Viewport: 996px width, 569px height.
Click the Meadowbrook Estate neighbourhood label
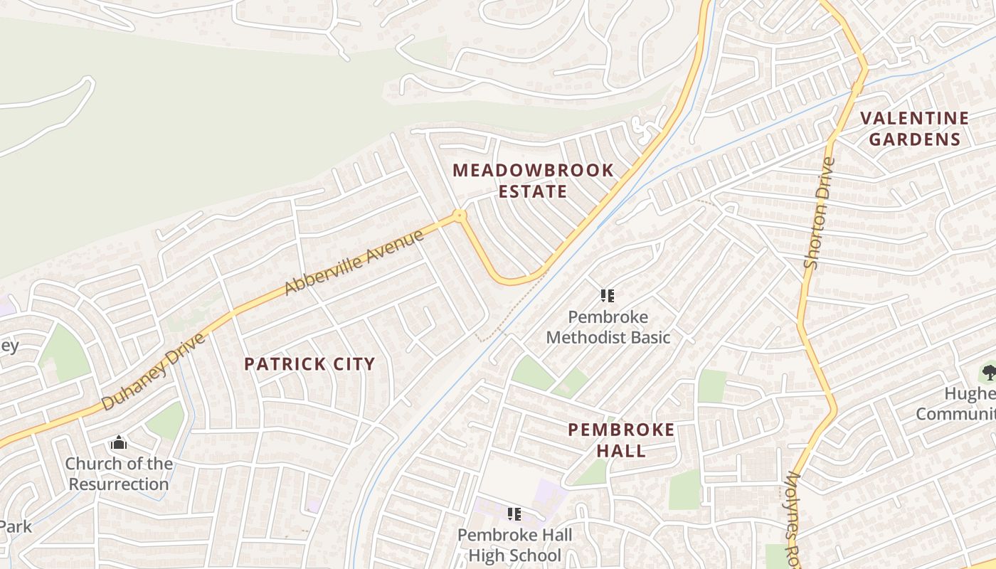click(x=533, y=181)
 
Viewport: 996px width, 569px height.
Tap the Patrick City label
click(x=309, y=364)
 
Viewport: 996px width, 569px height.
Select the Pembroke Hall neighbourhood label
click(x=621, y=440)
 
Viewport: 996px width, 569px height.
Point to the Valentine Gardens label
click(x=914, y=128)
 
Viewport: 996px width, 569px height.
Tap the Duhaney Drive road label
click(x=153, y=371)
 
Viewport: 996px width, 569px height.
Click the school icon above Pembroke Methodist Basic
click(x=607, y=295)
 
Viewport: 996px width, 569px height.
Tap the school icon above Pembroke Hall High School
click(x=514, y=514)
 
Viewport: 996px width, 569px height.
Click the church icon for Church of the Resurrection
click(x=119, y=443)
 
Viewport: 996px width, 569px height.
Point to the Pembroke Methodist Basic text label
click(x=608, y=326)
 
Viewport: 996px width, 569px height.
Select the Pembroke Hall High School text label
click(x=515, y=545)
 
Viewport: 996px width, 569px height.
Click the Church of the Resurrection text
click(x=119, y=474)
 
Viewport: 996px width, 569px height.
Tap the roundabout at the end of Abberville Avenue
click(x=460, y=214)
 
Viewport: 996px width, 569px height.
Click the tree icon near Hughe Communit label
click(x=988, y=371)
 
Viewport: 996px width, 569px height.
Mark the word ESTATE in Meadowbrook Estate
click(x=533, y=191)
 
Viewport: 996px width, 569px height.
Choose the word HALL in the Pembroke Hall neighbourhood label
click(x=621, y=450)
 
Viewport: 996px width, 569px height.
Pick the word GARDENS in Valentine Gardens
click(x=914, y=139)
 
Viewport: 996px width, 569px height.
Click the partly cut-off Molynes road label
click(x=794, y=519)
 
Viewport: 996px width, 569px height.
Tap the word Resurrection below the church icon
click(x=119, y=484)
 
